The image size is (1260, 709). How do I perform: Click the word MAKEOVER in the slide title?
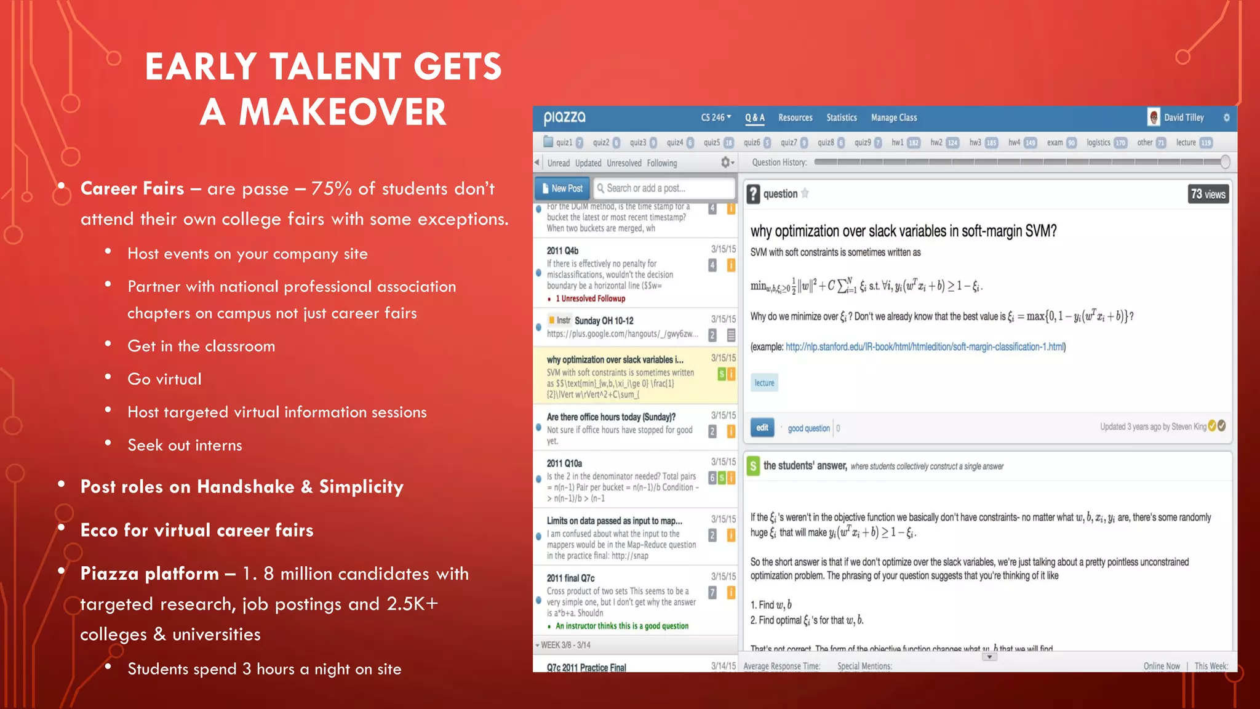click(342, 112)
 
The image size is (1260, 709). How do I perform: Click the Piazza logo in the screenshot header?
click(564, 117)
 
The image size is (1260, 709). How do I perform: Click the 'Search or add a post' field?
click(664, 188)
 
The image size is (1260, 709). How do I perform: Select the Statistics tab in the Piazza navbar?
click(841, 118)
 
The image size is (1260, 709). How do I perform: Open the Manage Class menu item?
click(893, 118)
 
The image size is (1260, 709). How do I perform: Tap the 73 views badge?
click(1208, 194)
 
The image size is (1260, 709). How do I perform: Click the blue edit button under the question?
click(762, 428)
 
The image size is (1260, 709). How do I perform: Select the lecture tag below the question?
click(764, 383)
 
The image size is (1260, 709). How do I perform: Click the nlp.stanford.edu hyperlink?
click(925, 347)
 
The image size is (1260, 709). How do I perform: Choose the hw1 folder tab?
click(898, 143)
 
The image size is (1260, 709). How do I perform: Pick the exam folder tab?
click(1055, 143)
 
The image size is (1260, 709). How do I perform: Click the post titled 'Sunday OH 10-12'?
click(604, 321)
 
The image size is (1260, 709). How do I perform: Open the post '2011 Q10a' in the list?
click(564, 463)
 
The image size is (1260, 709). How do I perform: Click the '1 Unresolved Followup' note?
click(590, 298)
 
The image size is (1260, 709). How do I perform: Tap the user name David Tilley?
click(1183, 118)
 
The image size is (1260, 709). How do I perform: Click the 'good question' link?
click(808, 428)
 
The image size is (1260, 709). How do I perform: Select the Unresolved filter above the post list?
click(624, 163)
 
